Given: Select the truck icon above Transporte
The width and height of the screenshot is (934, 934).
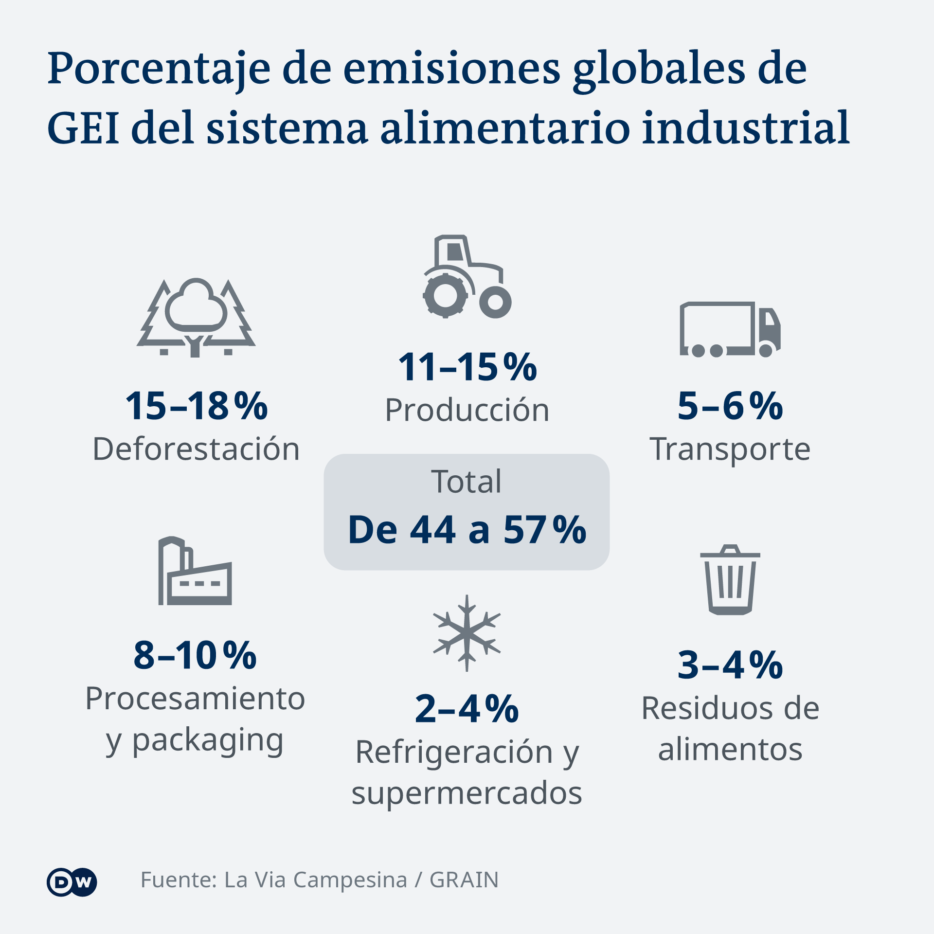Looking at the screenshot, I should (x=730, y=329).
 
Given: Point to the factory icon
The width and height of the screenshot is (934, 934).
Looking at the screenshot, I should (x=195, y=571).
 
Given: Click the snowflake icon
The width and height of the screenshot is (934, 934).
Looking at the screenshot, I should (x=467, y=633).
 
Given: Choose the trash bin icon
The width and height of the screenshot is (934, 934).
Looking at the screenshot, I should (x=730, y=579).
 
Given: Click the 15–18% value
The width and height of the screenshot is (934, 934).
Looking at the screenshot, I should (x=197, y=406).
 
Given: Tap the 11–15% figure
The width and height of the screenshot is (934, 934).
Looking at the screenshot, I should (x=467, y=367).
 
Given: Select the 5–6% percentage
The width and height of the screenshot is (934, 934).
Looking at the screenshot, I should (x=730, y=406).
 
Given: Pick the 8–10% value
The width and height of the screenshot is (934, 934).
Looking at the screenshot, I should (x=195, y=655).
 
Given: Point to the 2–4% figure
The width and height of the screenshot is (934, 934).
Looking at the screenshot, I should (x=467, y=709).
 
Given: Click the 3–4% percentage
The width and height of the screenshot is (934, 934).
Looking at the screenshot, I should (x=730, y=665).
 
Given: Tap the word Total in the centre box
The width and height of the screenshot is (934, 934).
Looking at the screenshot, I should (x=466, y=482).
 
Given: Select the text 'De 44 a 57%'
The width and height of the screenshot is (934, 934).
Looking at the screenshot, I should (x=467, y=529).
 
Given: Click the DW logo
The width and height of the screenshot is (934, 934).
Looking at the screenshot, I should (x=72, y=882).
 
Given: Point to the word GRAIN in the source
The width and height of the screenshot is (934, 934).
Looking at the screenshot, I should (x=464, y=880).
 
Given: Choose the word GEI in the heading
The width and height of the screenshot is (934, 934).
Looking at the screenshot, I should (x=83, y=128).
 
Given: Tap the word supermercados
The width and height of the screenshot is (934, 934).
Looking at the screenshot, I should (x=467, y=793).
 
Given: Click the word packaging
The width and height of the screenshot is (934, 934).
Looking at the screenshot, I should (x=208, y=740).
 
